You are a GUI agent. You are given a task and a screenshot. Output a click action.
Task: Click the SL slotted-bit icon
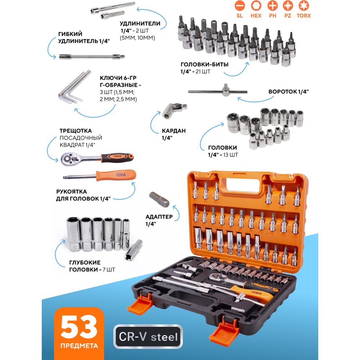click(x=239, y=5)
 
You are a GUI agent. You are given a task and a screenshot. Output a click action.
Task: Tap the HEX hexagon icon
click(x=256, y=5)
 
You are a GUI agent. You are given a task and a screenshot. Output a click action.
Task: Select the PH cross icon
click(x=273, y=5)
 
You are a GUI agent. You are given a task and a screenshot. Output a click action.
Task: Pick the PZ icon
click(x=288, y=5)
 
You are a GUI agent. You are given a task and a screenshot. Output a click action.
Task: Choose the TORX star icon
click(x=303, y=5)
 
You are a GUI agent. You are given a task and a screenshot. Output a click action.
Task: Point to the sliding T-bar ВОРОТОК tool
click(x=218, y=91)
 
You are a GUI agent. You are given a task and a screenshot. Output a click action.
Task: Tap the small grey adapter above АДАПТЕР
click(x=159, y=199)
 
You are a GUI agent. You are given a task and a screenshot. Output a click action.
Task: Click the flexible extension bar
click(x=92, y=57)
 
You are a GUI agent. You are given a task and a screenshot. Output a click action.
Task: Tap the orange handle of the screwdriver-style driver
click(x=116, y=175)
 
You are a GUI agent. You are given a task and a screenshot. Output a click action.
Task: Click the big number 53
click(x=79, y=327)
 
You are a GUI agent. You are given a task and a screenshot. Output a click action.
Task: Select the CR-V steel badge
click(x=148, y=337)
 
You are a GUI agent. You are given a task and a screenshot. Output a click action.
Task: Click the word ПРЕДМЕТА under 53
click(x=79, y=346)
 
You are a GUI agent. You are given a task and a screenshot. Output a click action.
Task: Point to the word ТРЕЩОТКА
click(x=76, y=131)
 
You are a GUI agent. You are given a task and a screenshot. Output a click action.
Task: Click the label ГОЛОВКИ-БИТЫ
click(x=204, y=64)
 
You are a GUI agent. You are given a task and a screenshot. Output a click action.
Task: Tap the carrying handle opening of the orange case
click(x=243, y=186)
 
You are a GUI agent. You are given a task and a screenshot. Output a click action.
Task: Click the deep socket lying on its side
click(x=134, y=250)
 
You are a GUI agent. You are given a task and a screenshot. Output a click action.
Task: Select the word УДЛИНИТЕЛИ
click(x=140, y=23)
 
